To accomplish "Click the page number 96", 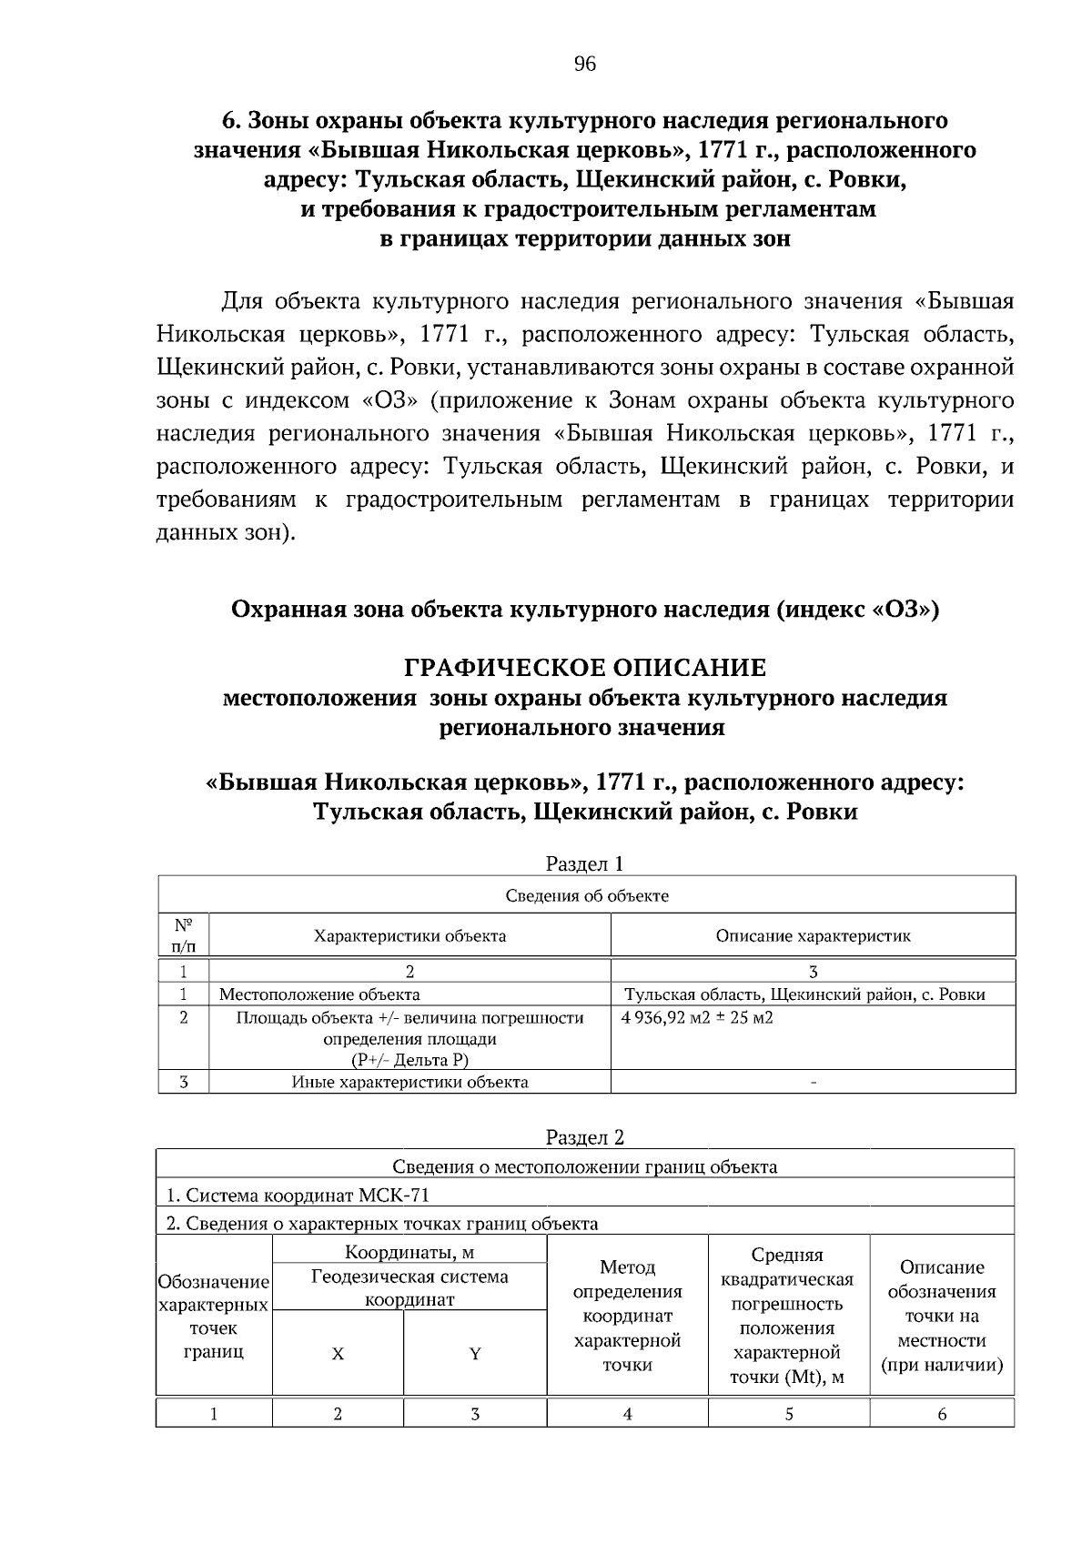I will pos(584,64).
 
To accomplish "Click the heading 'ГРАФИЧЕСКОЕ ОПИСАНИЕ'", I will pos(584,668).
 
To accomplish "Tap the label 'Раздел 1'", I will pos(584,863).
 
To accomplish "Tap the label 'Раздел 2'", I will pos(584,1136).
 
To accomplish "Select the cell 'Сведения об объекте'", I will pos(587,895).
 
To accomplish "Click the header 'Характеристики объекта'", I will pos(409,935).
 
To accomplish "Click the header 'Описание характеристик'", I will pos(813,935).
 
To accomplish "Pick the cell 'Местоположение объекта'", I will pos(319,994).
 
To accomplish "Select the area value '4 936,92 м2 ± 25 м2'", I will pos(697,1017).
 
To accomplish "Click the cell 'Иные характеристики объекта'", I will pos(409,1082).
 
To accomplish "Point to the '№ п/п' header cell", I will pos(183,935).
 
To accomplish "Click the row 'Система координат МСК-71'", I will pos(298,1195).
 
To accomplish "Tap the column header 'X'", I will pos(338,1354).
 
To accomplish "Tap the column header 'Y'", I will pos(474,1354).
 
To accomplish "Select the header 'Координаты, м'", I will pos(409,1253).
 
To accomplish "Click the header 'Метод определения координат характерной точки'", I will pos(627,1316).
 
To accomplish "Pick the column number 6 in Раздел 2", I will pos(942,1413).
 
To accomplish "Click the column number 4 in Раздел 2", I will pos(627,1413).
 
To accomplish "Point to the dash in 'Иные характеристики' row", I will pos(813,1083).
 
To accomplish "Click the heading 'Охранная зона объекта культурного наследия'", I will pos(584,609).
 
